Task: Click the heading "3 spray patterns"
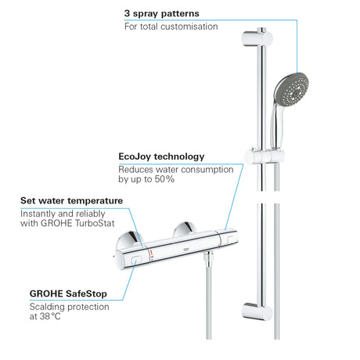161,14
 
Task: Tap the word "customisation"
189,27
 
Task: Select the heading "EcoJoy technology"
161,157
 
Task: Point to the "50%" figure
164,179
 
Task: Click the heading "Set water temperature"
71,200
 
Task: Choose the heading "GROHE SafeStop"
68,293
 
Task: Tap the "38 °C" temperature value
50,316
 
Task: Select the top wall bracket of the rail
257,38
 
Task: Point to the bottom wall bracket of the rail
257,311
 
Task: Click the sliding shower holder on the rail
265,156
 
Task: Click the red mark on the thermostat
151,252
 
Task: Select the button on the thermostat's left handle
136,260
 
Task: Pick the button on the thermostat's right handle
230,238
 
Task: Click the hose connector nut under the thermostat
209,257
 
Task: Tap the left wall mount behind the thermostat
130,240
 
